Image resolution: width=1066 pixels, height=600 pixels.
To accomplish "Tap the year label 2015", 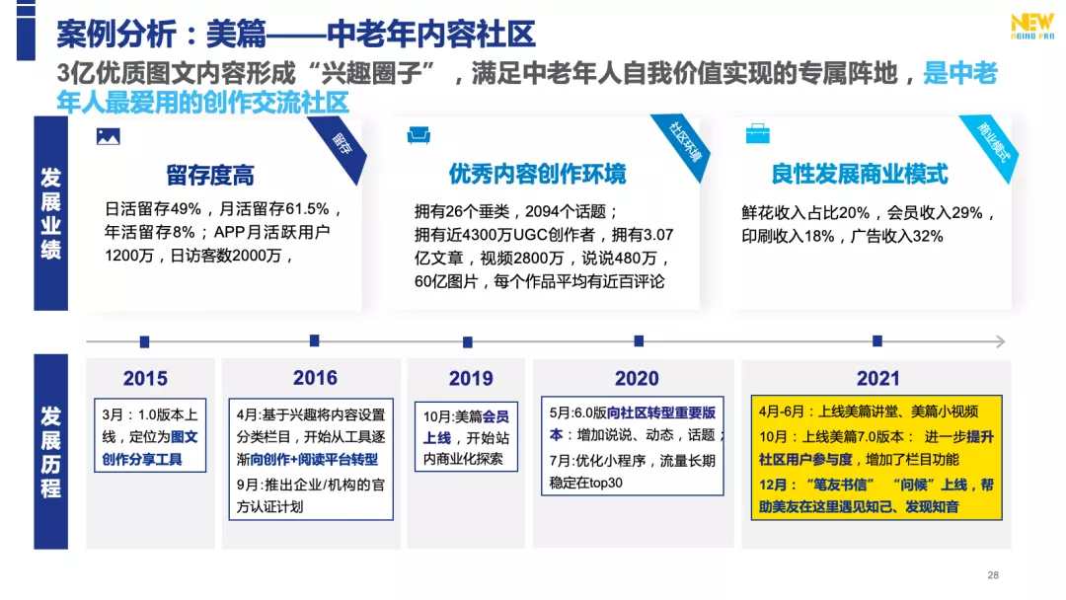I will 145,378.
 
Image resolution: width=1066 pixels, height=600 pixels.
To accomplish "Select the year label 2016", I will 315,378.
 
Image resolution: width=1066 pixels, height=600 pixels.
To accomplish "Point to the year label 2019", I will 471,378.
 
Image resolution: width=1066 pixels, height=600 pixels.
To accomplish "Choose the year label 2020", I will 637,378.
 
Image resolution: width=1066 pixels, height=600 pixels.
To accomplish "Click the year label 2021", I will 877,378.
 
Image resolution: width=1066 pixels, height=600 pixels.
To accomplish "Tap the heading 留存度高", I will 210,176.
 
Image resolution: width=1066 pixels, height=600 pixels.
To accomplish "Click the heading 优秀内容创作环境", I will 537,175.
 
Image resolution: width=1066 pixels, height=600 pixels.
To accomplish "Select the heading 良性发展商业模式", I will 860,175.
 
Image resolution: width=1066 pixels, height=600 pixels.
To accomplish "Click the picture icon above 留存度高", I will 108,137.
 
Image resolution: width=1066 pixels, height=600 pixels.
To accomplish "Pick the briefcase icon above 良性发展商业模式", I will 758,134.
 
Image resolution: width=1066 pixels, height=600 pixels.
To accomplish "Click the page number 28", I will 993,575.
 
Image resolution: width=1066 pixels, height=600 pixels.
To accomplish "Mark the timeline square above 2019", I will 468,341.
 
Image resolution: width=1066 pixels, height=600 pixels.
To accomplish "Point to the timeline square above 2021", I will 876,340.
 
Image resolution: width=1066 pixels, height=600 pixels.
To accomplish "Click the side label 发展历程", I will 50,451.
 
